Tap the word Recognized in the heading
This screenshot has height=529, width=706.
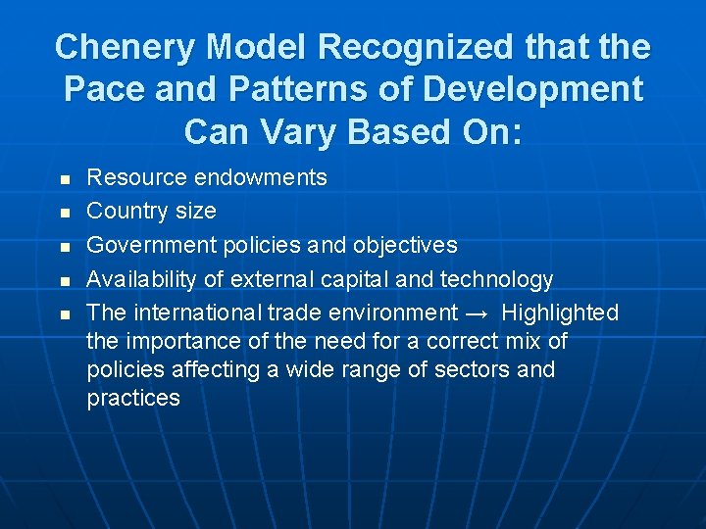tap(398, 47)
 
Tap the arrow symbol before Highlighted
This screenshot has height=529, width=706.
tap(479, 313)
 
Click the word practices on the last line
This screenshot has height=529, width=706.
tap(133, 398)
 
